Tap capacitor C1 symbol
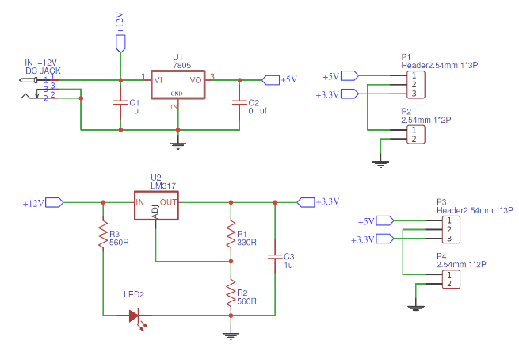pos(120,103)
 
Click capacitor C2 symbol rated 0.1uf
pos(239,103)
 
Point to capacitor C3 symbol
pos(274,257)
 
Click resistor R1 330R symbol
pos(231,236)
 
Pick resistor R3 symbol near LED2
pos(103,236)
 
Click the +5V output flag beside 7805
pos(271,79)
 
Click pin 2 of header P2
pos(413,139)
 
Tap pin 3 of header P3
pos(448,239)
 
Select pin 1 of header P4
pos(448,274)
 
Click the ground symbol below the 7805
pos(177,144)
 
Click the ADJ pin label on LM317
pos(155,214)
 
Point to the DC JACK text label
pos(43,71)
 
